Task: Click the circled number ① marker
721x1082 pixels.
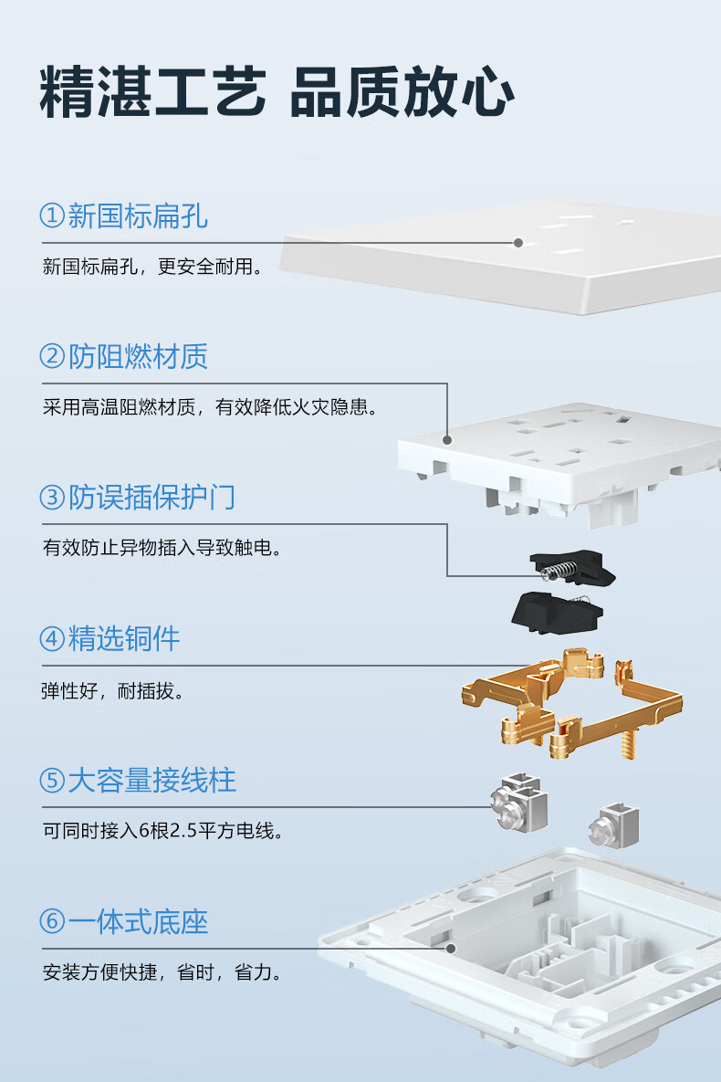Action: (x=52, y=215)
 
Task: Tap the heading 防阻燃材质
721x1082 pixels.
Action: (x=138, y=357)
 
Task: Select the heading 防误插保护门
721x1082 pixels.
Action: (x=152, y=498)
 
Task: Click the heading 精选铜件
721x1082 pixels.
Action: (x=124, y=639)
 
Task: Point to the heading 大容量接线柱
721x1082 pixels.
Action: (x=152, y=781)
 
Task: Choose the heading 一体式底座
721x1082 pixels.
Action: (x=138, y=922)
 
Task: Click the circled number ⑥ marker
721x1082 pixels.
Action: (x=52, y=921)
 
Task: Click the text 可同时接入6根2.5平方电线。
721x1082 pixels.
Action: (x=163, y=831)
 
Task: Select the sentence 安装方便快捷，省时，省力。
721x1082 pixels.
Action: (x=162, y=972)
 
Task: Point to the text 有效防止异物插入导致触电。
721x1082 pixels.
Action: (x=162, y=548)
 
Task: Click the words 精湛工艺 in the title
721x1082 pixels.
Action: (x=152, y=92)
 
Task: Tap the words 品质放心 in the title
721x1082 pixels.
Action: (x=402, y=92)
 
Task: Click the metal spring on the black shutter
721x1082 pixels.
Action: (x=559, y=571)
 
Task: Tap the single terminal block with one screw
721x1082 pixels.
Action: (x=614, y=825)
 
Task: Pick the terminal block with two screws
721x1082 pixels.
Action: (x=518, y=803)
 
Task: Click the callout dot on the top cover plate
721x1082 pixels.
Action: (x=518, y=243)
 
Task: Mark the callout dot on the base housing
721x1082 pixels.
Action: (x=451, y=949)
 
